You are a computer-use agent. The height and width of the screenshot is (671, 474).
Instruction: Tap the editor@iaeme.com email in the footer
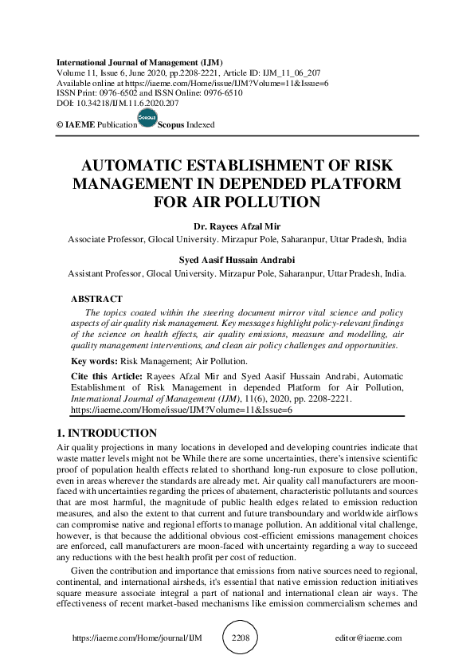[369, 638]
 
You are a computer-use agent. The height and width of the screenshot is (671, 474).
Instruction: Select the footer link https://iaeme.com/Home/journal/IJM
[123, 638]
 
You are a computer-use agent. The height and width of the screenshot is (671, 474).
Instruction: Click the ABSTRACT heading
[98, 299]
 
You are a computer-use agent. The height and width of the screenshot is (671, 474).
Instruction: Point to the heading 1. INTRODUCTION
[107, 433]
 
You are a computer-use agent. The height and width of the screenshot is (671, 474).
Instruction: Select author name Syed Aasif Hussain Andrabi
[237, 259]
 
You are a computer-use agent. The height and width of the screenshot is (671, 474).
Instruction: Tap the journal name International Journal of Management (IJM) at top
[139, 62]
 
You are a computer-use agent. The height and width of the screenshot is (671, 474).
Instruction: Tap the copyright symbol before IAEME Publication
[60, 125]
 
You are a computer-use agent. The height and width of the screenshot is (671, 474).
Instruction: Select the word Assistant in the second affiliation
[87, 273]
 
